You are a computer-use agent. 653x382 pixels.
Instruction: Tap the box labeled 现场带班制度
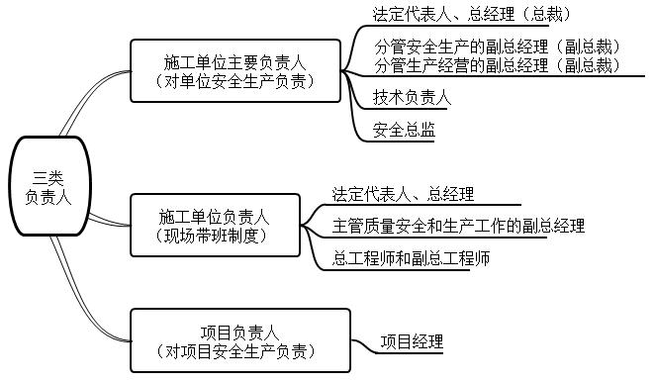pyautogui.click(x=214, y=235)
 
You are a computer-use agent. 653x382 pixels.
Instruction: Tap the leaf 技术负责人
pyautogui.click(x=412, y=97)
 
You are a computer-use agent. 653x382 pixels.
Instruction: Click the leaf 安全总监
pyautogui.click(x=404, y=130)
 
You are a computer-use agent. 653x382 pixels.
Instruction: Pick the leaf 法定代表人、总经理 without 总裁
pyautogui.click(x=403, y=194)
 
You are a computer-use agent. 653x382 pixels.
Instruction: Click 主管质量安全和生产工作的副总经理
pyautogui.click(x=458, y=225)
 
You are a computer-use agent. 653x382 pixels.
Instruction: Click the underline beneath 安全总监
pyautogui.click(x=404, y=141)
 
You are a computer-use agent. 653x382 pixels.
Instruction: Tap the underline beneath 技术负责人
pyautogui.click(x=412, y=108)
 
